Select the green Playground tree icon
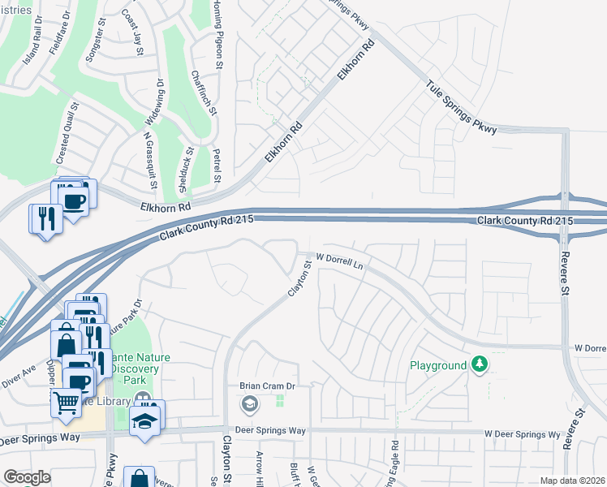(x=480, y=365)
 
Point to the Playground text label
(x=438, y=366)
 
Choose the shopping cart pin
(x=66, y=403)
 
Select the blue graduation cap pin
(x=148, y=420)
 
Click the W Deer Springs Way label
(x=523, y=435)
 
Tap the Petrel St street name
(x=217, y=166)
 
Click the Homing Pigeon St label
(x=217, y=32)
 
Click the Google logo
(x=27, y=478)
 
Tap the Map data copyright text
(x=572, y=481)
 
